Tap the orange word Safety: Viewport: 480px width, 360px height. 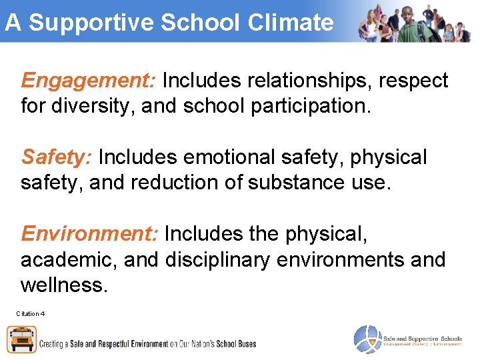(x=57, y=158)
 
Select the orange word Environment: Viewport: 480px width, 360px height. (x=89, y=234)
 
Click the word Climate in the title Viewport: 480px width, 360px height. (x=290, y=23)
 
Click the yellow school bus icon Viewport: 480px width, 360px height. (x=21, y=339)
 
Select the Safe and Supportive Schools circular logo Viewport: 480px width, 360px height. (x=366, y=339)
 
